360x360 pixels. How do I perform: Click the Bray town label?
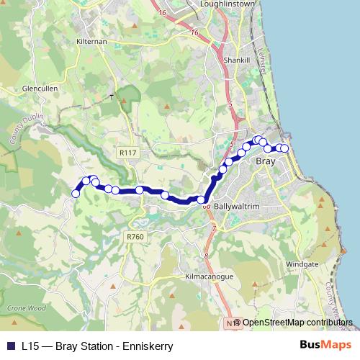click(266, 162)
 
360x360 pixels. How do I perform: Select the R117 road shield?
click(128, 153)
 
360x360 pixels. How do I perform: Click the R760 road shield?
click(135, 236)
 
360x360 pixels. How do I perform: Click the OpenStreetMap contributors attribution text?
click(298, 323)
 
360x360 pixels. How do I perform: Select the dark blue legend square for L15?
click(10, 346)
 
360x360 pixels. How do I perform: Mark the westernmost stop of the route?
click(76, 193)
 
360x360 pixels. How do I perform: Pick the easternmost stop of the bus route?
click(284, 148)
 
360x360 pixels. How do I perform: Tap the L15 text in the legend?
click(30, 346)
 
